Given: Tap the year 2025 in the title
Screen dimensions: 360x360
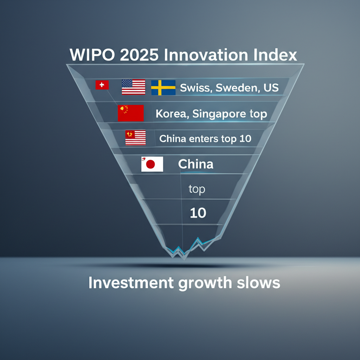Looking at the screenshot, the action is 139,55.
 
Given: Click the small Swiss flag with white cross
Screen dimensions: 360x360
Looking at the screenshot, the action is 102,85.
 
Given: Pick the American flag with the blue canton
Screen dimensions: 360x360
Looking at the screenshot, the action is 133,87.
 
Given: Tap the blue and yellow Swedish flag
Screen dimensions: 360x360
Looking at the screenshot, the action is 163,88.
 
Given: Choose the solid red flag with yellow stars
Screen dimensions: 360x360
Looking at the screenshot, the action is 131,113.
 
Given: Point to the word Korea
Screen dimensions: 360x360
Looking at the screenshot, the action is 172,114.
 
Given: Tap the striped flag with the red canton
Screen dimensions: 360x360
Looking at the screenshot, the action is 135,137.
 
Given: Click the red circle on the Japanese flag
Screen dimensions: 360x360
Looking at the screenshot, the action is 150,165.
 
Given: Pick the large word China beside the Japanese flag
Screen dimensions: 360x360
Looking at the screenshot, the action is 196,164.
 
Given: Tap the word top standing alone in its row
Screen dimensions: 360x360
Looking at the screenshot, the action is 197,189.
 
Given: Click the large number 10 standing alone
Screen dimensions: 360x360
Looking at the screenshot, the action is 198,213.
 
